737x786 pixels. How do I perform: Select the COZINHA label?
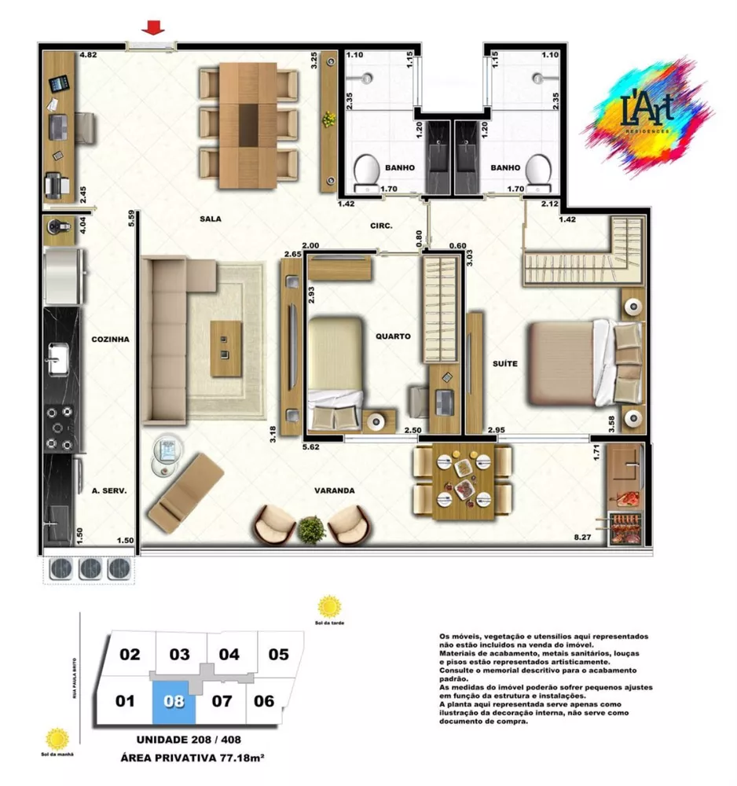coord(109,340)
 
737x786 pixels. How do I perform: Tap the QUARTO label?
coord(393,336)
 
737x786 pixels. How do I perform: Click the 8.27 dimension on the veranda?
coord(582,538)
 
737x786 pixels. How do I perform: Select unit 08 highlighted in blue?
coord(174,699)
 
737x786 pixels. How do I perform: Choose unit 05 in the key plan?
coord(278,654)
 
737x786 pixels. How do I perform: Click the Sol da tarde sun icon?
coord(329,608)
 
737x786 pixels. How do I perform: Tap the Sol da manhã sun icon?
coord(57,739)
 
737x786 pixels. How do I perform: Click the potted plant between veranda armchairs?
coord(312,528)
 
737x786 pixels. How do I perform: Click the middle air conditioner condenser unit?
coord(90,568)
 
